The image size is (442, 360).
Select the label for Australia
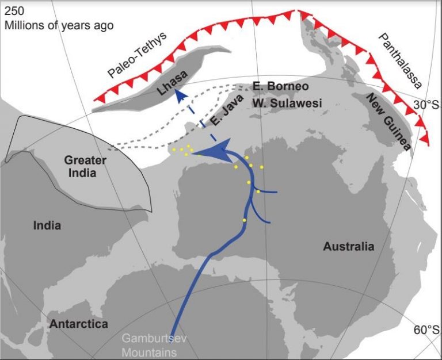point(348,247)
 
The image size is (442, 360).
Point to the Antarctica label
point(79,324)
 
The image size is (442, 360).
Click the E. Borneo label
point(281,86)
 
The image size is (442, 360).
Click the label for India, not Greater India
point(47,225)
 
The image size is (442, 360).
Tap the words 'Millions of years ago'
point(59,25)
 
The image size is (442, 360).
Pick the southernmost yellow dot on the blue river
point(244,220)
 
